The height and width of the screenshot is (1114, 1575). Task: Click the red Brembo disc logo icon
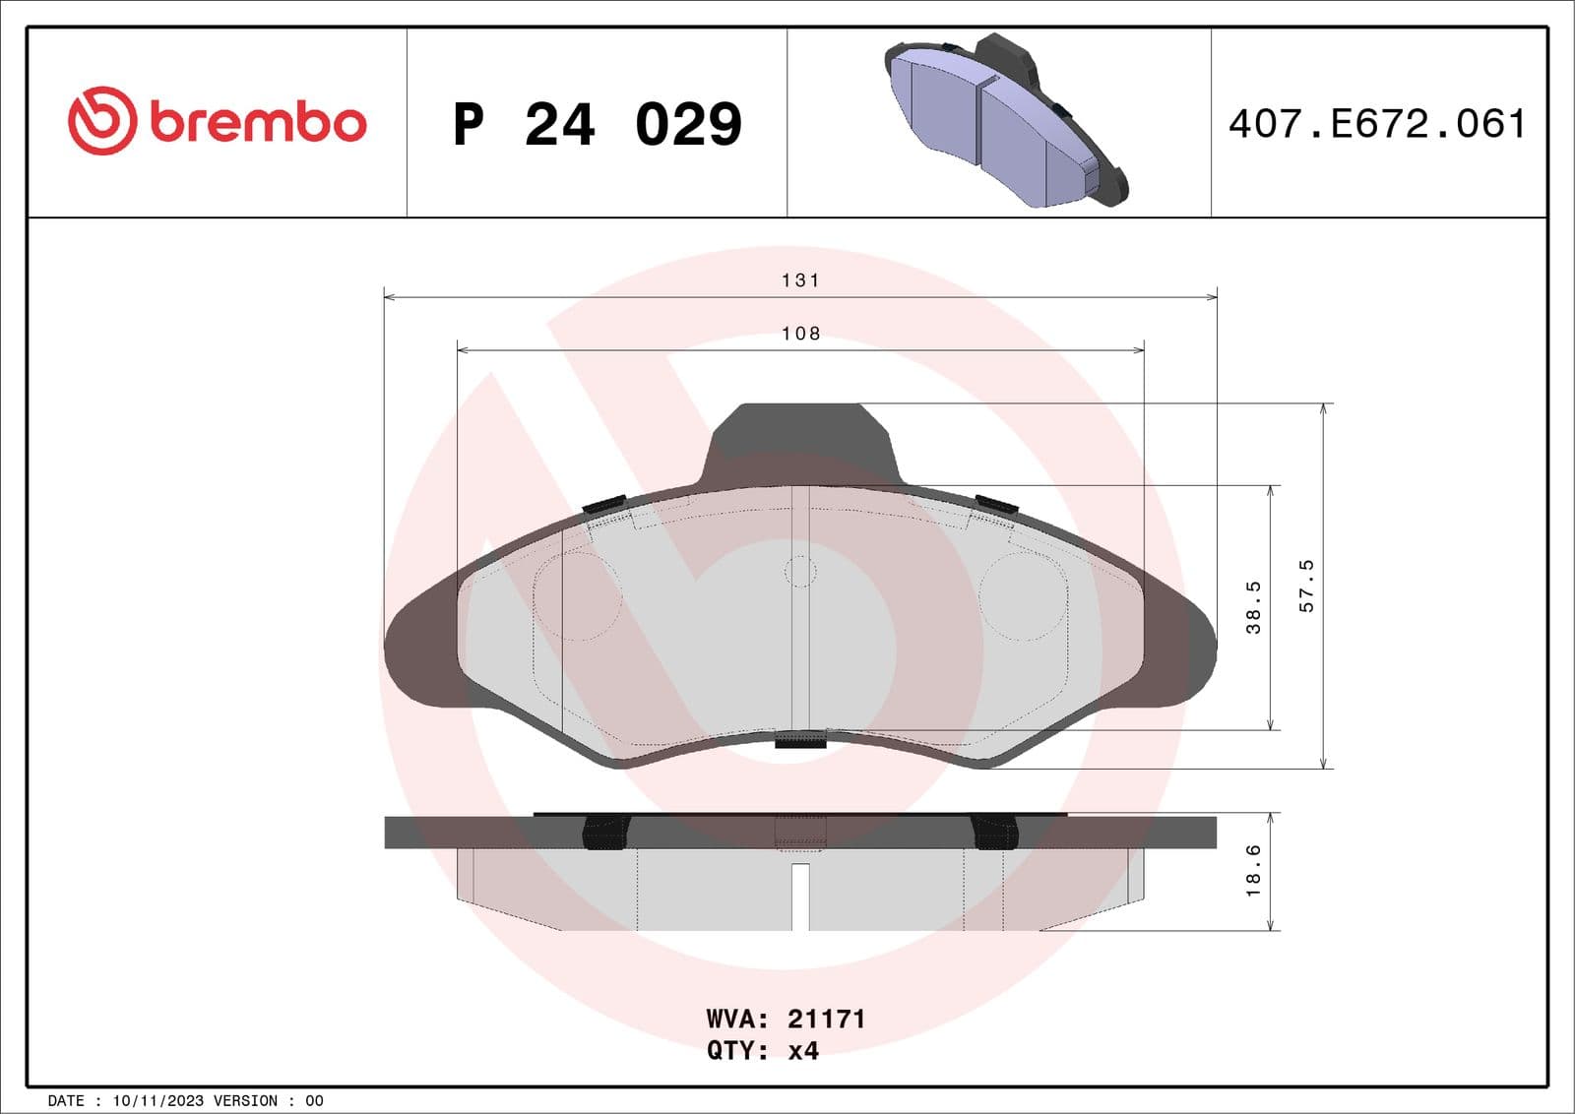[x=100, y=121]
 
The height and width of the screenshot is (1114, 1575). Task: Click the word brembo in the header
[x=258, y=122]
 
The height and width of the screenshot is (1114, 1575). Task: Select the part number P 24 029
[x=597, y=124]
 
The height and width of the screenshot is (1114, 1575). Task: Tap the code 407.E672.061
[x=1377, y=124]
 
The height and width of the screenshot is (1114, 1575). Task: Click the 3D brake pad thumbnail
[x=1006, y=122]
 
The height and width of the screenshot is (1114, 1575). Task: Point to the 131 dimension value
[x=800, y=280]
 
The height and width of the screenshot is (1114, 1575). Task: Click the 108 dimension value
[x=800, y=334]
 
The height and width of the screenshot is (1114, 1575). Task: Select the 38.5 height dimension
[x=1253, y=607]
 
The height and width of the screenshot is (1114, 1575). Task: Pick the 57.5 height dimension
[x=1306, y=586]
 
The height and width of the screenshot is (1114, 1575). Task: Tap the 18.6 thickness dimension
[x=1253, y=871]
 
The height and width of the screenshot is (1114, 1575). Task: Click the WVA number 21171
[x=826, y=1019]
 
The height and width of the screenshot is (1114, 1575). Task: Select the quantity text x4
[x=803, y=1051]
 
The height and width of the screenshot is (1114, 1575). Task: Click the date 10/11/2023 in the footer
[x=157, y=1101]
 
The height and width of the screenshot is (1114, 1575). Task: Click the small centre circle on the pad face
[x=800, y=571]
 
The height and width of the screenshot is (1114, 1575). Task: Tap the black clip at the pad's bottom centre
[x=800, y=741]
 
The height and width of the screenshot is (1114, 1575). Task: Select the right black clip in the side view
[x=993, y=833]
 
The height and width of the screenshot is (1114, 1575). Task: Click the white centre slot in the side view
[x=800, y=896]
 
